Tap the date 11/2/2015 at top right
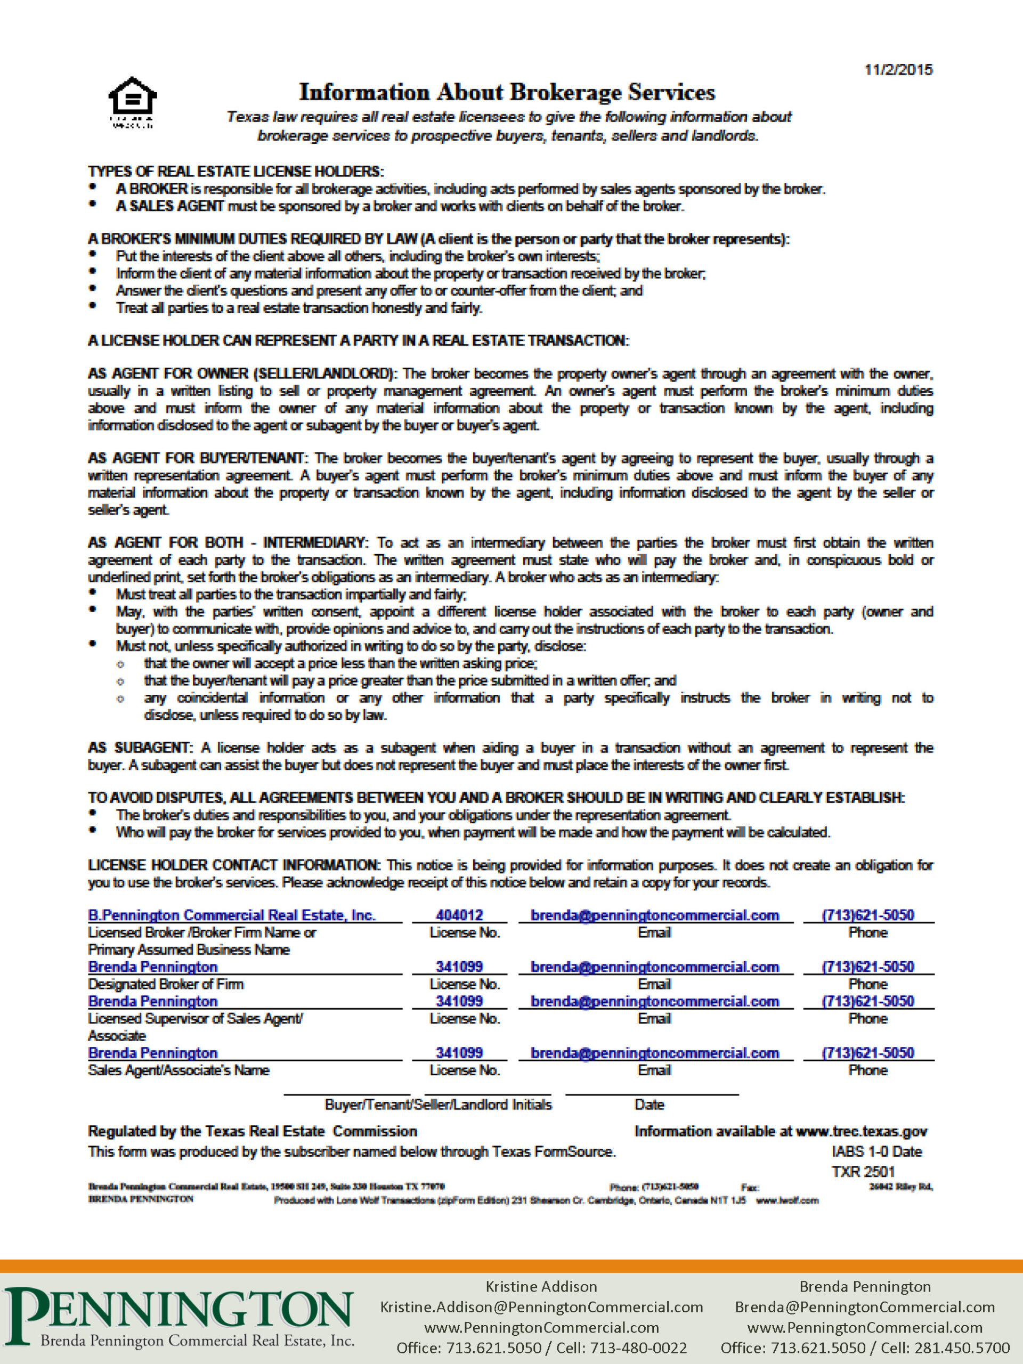[898, 70]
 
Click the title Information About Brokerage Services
[507, 93]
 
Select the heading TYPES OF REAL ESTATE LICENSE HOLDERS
[236, 172]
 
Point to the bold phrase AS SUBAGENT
[140, 748]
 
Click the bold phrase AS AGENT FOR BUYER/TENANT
[196, 458]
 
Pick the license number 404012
[459, 915]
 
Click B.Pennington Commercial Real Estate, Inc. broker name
[232, 915]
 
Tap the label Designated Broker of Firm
[166, 984]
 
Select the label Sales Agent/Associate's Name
[179, 1070]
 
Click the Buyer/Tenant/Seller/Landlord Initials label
[438, 1105]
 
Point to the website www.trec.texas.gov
[862, 1131]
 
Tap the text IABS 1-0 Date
[876, 1151]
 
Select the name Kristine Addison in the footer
[541, 1286]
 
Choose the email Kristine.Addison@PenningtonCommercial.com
[541, 1306]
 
